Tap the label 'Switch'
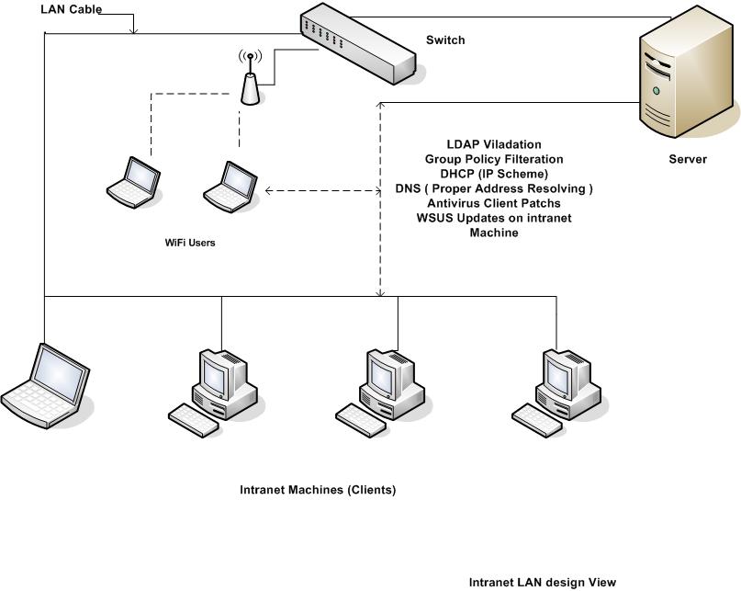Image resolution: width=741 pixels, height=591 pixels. [445, 40]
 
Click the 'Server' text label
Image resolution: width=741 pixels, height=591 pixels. [688, 160]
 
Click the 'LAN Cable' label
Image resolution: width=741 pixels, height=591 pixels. [71, 10]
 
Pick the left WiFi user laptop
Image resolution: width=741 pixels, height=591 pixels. [133, 180]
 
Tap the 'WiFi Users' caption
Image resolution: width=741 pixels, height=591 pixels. [190, 244]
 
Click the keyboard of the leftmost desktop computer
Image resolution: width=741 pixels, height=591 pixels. [194, 421]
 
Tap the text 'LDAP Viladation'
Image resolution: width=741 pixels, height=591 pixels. [493, 144]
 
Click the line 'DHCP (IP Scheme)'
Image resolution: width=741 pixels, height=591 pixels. [493, 174]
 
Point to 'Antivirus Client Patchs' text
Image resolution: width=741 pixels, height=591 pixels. [493, 203]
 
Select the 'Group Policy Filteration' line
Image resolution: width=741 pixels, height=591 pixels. [493, 159]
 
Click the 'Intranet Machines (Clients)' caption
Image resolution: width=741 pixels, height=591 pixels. [317, 490]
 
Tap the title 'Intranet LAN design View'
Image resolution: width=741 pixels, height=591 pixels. [542, 582]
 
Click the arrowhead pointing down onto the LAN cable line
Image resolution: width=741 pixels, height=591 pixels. [134, 30]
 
